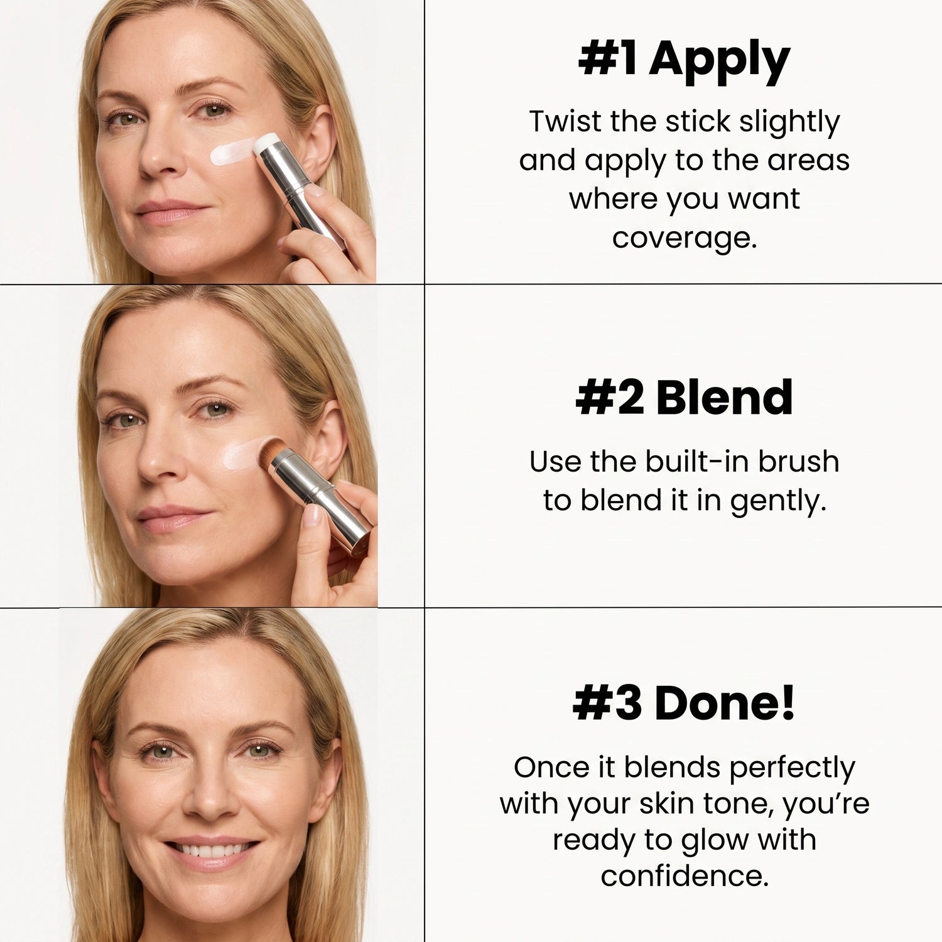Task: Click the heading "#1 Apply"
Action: pos(684,61)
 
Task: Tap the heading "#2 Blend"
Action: pos(684,398)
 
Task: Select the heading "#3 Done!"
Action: pos(684,703)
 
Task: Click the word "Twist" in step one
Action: pos(564,121)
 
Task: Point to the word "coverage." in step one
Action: pos(685,238)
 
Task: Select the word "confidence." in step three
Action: pos(685,876)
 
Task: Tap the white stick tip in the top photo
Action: pos(265,143)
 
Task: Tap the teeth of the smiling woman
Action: pos(212,851)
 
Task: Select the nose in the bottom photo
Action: pos(210,794)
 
